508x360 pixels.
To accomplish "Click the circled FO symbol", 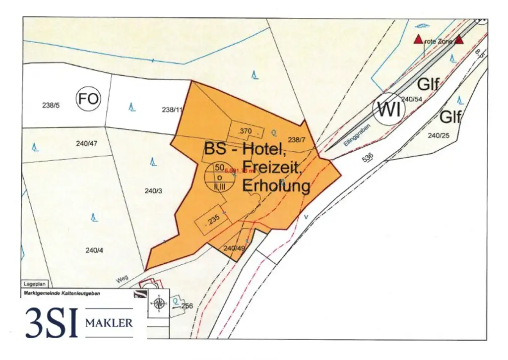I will pos(88,100).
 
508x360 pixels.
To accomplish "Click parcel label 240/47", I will pos(87,144).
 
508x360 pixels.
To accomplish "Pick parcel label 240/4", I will pos(94,250).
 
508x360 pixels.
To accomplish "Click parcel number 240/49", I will pos(235,248).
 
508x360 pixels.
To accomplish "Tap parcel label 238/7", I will pos(297,140).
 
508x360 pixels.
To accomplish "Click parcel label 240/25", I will pos(438,135).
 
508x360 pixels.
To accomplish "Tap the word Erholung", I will pos(276,186).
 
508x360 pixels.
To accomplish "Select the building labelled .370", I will pos(246,131).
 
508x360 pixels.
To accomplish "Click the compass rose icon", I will pos(159,303).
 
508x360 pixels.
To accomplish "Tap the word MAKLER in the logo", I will pos(109,323).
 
